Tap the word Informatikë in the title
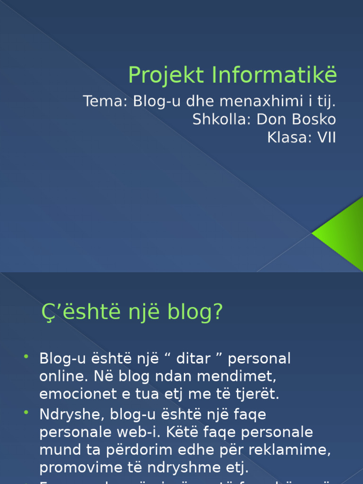[x=274, y=75]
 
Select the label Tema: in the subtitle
[x=105, y=101]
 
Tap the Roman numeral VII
[x=327, y=138]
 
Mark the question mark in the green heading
[x=217, y=312]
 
